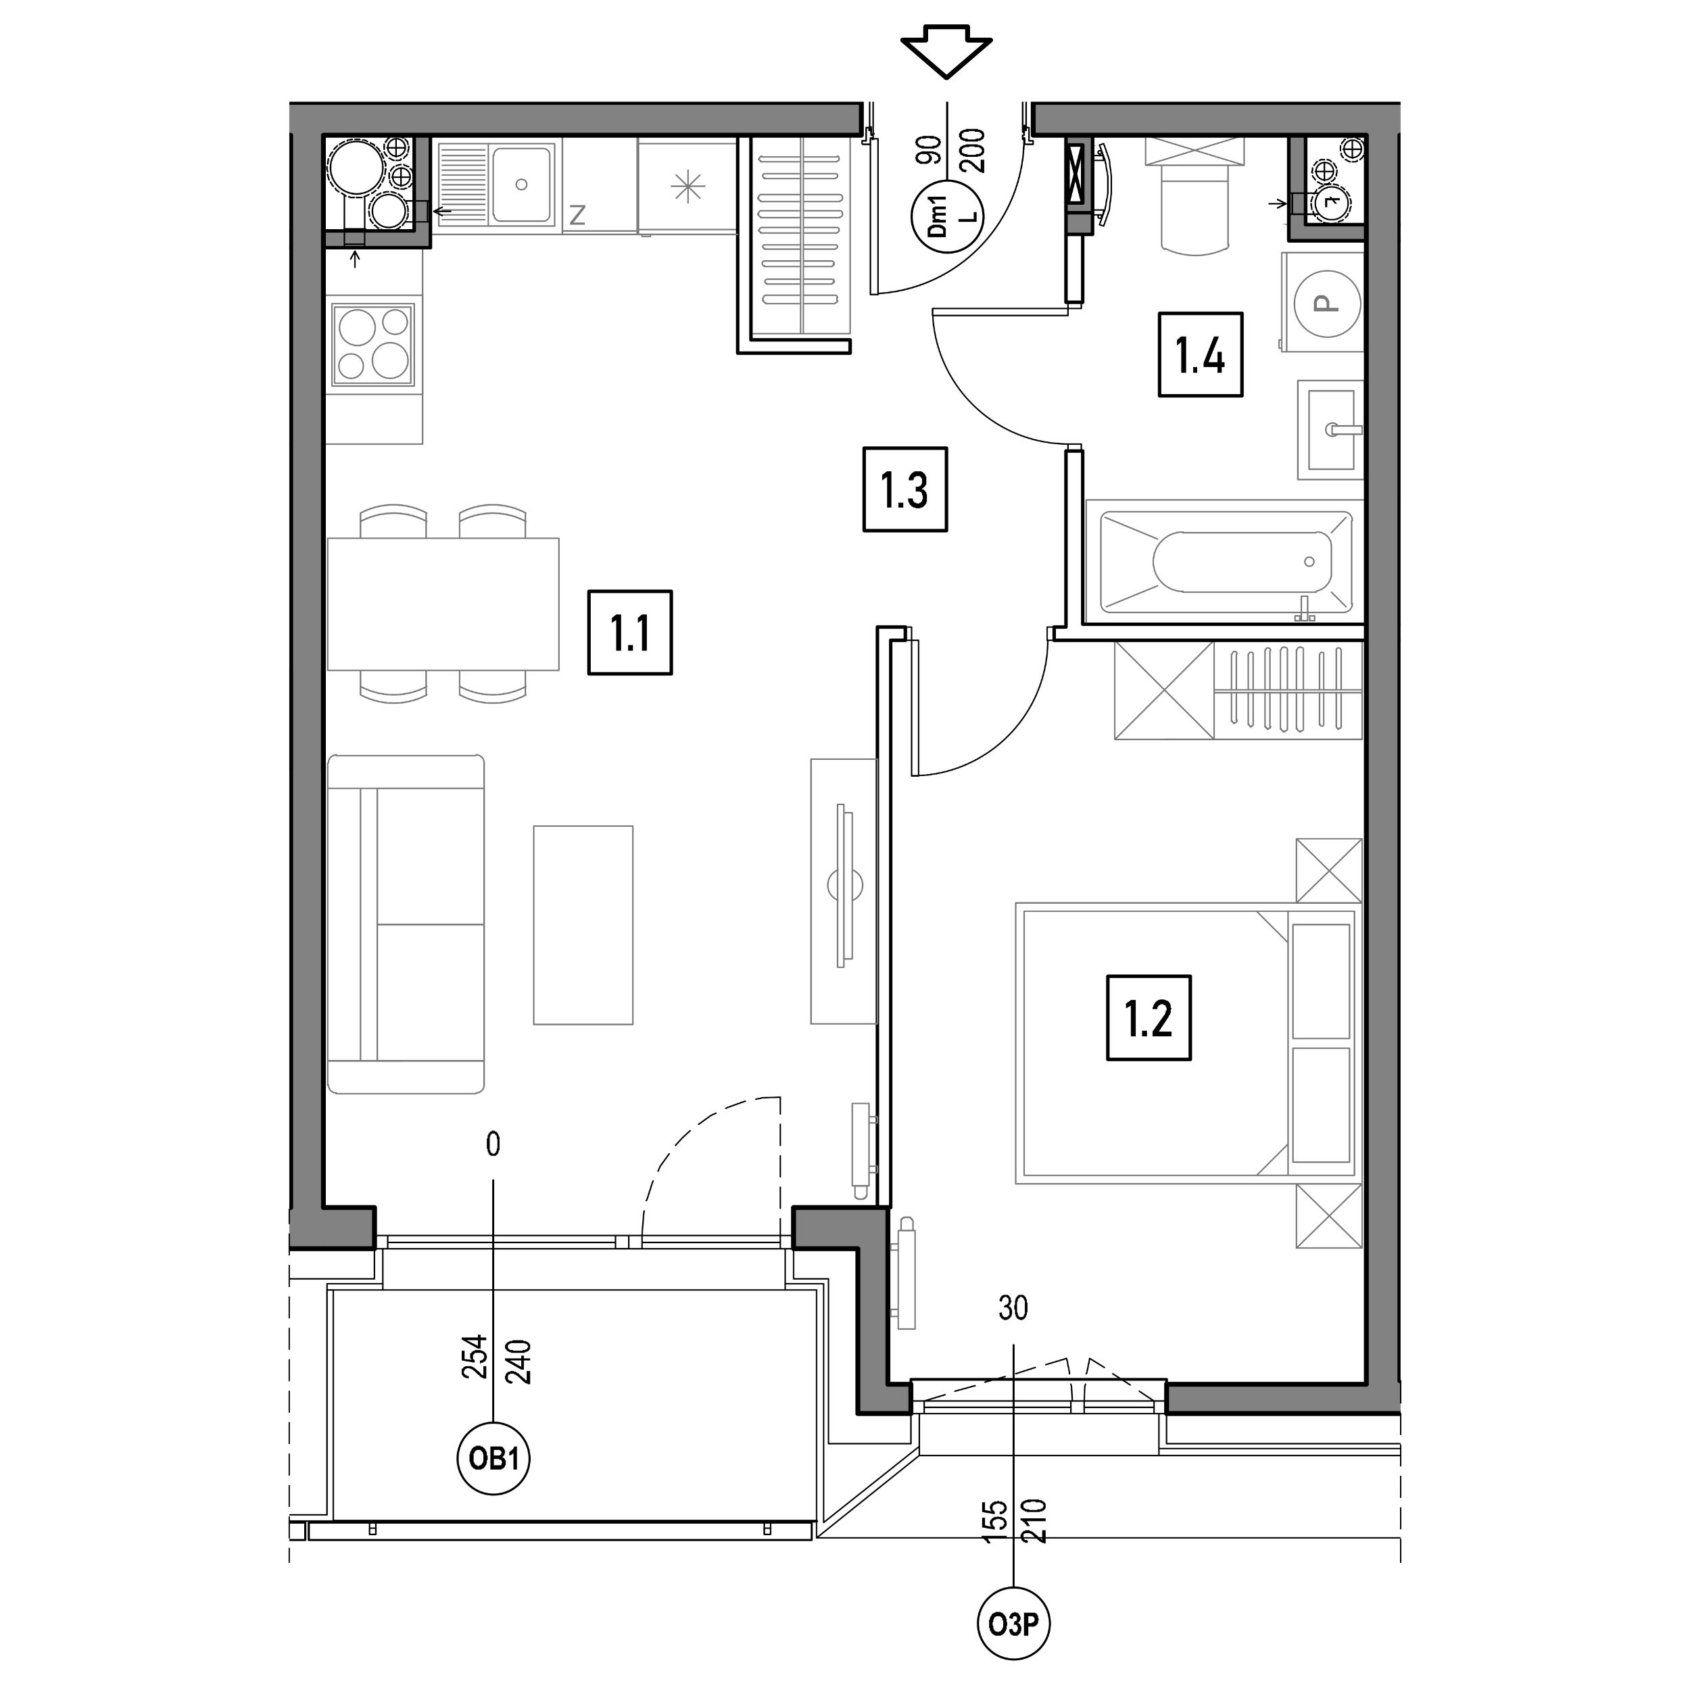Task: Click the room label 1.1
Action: click(630, 633)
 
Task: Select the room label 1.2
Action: click(1149, 1018)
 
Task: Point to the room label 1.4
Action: click(1200, 354)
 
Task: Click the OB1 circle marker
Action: click(493, 1458)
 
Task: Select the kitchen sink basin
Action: click(521, 184)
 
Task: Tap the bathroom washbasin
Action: click(1330, 429)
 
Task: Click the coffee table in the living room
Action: click(583, 925)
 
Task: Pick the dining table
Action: click(443, 604)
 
